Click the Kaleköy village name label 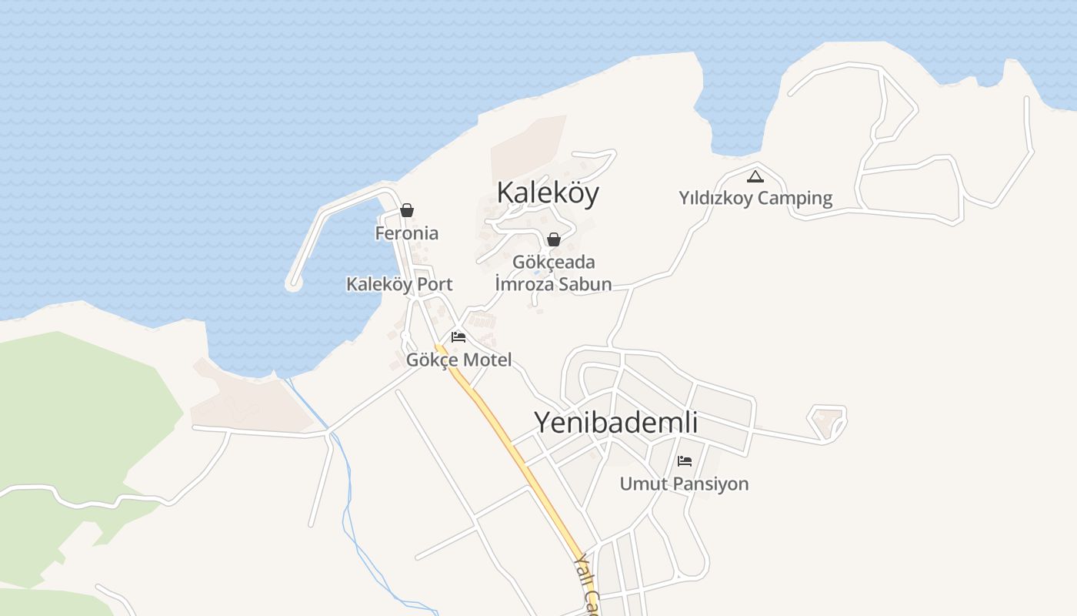(x=547, y=192)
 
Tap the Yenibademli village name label (x=615, y=422)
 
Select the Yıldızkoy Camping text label (x=755, y=198)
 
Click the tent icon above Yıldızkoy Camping (x=755, y=176)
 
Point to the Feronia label (x=406, y=233)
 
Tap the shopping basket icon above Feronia (x=407, y=210)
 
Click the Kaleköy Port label (x=398, y=284)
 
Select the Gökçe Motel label (x=458, y=360)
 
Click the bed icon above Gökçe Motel (x=458, y=337)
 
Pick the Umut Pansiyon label (x=684, y=484)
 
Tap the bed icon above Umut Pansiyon (x=684, y=461)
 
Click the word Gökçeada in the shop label (x=553, y=262)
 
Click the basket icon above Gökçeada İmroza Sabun (x=553, y=239)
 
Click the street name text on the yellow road (x=587, y=585)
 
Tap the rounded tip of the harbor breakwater (x=293, y=283)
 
